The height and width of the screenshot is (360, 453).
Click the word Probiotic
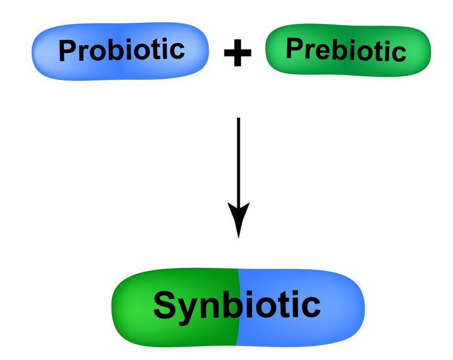122,51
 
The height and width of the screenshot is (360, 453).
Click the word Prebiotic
346,50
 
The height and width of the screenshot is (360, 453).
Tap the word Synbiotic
237,306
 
